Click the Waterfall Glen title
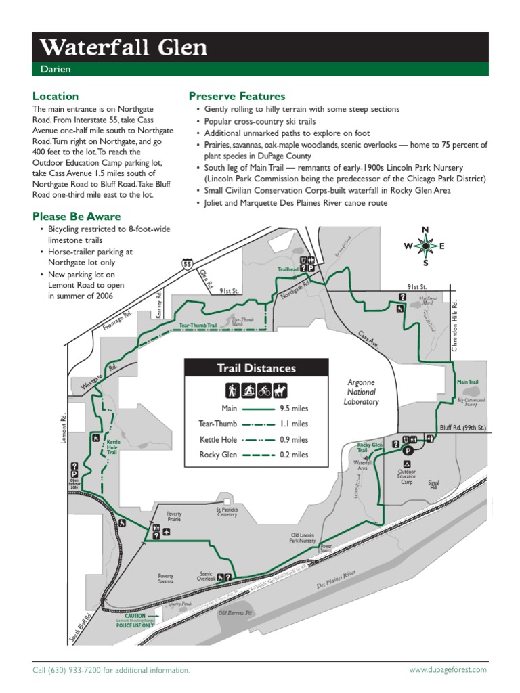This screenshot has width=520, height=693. coord(123,48)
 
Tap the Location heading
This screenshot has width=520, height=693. coord(56,96)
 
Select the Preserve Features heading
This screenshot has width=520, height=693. coord(237,96)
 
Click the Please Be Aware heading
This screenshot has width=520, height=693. coord(77,217)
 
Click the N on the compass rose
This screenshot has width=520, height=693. coord(425,230)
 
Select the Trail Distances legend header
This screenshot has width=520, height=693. coord(256,368)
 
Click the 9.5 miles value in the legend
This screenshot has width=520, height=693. coord(294,409)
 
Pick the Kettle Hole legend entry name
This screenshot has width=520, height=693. coord(219,439)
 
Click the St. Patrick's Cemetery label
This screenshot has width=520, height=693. coord(227,512)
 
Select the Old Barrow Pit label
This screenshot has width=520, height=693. coord(235,613)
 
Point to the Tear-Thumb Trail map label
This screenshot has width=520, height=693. coord(198,326)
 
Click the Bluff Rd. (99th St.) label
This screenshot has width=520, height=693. coord(462,428)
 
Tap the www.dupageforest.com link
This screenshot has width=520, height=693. coord(448,669)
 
